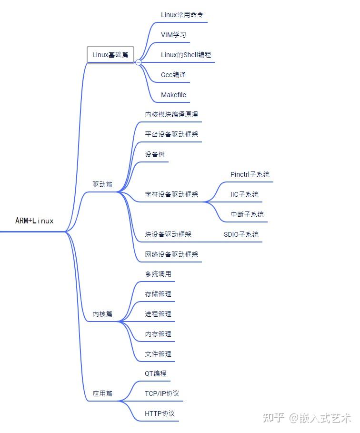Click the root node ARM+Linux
(34, 221)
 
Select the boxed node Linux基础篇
(110, 55)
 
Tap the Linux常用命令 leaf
(183, 15)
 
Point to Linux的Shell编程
(186, 55)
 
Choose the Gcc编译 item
(173, 75)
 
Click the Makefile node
(173, 95)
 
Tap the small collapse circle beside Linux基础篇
(138, 62)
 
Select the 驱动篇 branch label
(102, 184)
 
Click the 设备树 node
(155, 155)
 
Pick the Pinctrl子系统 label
(250, 174)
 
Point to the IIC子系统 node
(244, 194)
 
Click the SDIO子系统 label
(241, 234)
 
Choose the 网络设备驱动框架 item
(171, 254)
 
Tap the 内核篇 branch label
(102, 314)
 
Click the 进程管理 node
(158, 314)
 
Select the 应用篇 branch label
(102, 394)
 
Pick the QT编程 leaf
(156, 373)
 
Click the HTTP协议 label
(160, 413)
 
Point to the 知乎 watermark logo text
(274, 418)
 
